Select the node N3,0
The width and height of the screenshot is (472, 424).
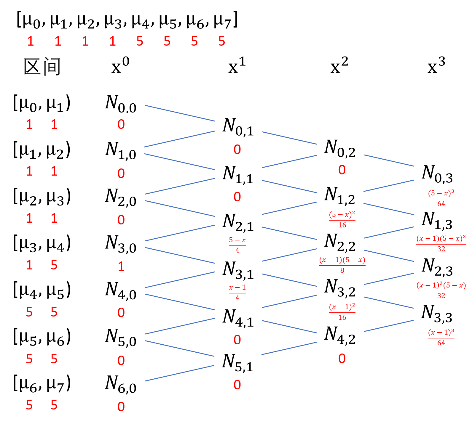(x=121, y=242)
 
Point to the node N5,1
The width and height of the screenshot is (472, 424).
(x=238, y=361)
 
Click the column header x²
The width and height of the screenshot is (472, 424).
(x=340, y=66)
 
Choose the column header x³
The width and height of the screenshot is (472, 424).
(x=437, y=66)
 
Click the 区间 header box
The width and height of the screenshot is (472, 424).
(x=42, y=66)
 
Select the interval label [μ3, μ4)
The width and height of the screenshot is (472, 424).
(x=42, y=242)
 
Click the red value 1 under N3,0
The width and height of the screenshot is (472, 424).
(x=121, y=266)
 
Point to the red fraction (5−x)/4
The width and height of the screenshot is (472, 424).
(x=237, y=245)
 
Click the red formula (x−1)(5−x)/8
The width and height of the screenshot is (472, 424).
(x=342, y=265)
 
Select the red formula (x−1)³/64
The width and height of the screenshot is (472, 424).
(x=441, y=337)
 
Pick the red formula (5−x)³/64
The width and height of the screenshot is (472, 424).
(x=441, y=198)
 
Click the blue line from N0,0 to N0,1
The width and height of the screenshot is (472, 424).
(x=180, y=113)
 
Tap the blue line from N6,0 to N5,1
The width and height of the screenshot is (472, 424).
(x=180, y=373)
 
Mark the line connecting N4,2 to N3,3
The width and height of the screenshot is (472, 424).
(x=388, y=326)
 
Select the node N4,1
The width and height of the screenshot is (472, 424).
(x=238, y=317)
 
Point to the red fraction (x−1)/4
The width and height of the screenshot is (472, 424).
(x=237, y=292)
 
